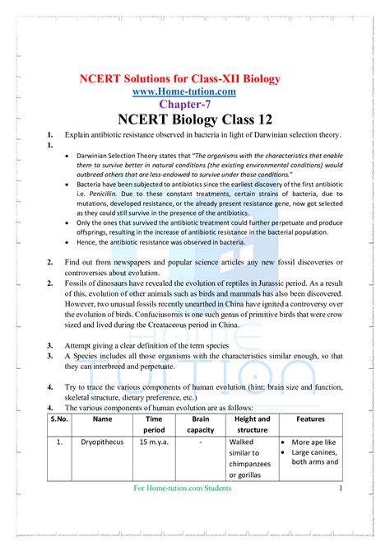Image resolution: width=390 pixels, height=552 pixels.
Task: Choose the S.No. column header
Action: point(57,419)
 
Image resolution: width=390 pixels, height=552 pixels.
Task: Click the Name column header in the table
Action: point(103,419)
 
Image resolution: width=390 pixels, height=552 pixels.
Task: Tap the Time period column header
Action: point(154,424)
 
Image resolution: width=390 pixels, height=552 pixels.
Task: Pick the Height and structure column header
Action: point(252,424)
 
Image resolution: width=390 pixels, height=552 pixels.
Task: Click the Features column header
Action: point(311,419)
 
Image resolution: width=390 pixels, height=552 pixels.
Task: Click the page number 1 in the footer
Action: point(340,489)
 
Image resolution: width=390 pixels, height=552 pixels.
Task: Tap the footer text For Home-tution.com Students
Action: point(182,489)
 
